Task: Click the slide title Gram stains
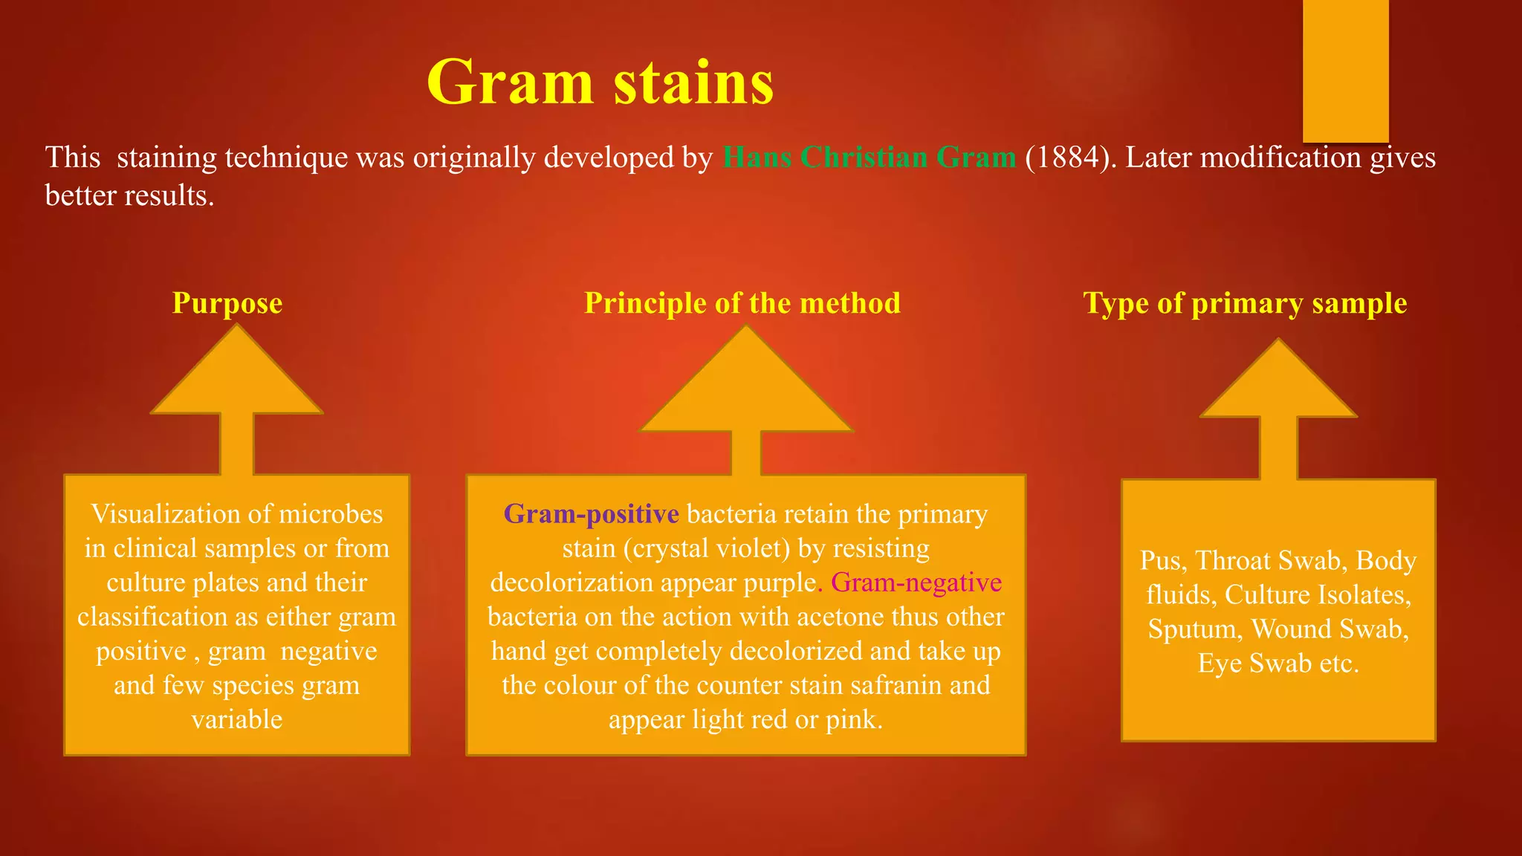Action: tap(600, 82)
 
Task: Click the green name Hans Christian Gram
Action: tap(869, 158)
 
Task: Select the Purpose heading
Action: tap(227, 303)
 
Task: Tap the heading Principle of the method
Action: tap(742, 303)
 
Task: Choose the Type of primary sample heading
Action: tap(1245, 303)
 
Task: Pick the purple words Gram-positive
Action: tap(591, 514)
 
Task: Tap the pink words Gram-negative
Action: tap(916, 583)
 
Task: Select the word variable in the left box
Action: tap(237, 719)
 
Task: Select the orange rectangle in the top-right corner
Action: tap(1345, 71)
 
